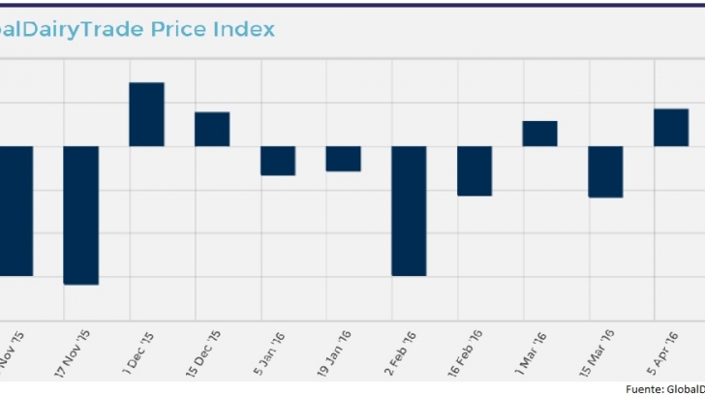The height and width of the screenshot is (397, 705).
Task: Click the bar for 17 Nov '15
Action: click(80, 215)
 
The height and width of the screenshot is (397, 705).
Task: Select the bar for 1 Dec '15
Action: click(146, 114)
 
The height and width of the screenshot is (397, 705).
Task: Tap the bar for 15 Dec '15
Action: click(212, 129)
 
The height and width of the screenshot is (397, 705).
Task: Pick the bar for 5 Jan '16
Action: click(277, 161)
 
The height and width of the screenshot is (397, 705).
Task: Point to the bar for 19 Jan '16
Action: click(343, 159)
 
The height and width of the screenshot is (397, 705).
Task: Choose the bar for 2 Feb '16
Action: click(409, 211)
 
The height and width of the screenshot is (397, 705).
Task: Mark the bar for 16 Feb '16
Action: click(475, 171)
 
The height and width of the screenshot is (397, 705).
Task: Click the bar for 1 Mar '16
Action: click(539, 134)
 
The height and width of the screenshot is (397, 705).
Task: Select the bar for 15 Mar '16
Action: click(605, 172)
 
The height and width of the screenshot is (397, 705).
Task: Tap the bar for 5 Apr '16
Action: click(671, 127)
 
